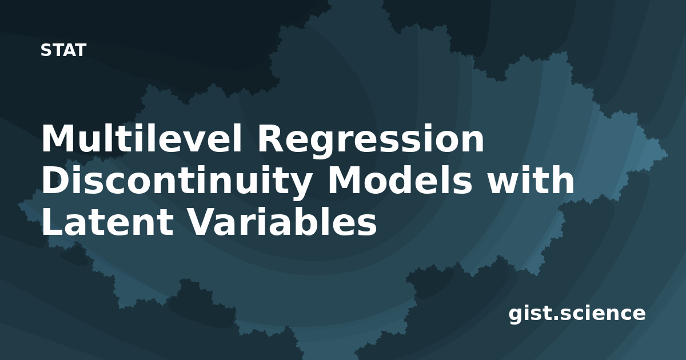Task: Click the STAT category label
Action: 63,50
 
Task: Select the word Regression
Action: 371,141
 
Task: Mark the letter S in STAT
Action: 46,50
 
